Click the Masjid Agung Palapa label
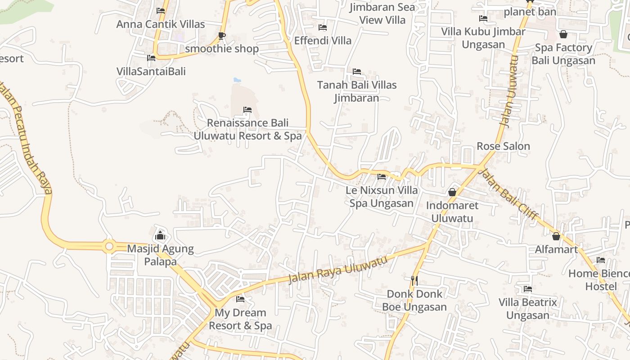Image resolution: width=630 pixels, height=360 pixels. tap(160, 255)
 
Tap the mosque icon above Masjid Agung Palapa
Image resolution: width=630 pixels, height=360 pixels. tap(160, 235)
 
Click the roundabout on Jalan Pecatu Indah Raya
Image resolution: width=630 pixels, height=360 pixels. tap(108, 246)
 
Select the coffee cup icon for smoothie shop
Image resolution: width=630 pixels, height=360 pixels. tap(221, 36)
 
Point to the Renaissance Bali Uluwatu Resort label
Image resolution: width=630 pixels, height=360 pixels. tap(247, 129)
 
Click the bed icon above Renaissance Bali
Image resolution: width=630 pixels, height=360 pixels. tap(247, 110)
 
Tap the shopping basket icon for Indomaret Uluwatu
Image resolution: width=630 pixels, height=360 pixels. tap(452, 192)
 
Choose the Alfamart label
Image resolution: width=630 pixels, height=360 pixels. tap(556, 249)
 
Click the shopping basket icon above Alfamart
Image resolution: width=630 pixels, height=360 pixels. tap(556, 236)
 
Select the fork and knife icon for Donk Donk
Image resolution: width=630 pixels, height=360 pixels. tap(414, 281)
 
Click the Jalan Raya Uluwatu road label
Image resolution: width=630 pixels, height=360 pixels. tap(337, 269)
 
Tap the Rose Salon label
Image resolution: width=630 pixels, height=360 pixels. tap(503, 146)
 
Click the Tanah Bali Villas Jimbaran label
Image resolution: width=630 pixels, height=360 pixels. tap(357, 91)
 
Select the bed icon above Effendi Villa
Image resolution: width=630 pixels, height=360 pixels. tap(323, 27)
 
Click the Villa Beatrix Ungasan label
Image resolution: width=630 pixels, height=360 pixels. tap(528, 309)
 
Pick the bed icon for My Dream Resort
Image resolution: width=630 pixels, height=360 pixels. tap(240, 299)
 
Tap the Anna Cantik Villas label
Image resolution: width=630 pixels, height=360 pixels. tap(161, 24)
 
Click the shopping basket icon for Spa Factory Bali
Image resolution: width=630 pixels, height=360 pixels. tap(563, 34)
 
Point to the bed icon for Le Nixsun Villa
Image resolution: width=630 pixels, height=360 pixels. tap(382, 177)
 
